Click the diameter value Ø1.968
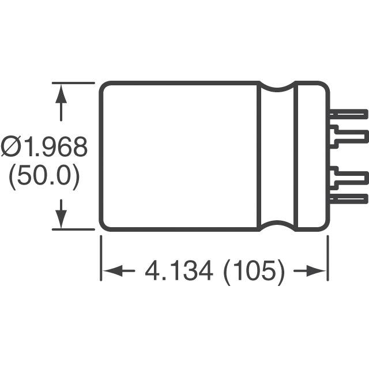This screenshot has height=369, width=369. click(45, 148)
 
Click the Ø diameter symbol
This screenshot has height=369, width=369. click(12, 148)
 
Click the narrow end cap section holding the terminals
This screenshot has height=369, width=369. click(311, 156)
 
